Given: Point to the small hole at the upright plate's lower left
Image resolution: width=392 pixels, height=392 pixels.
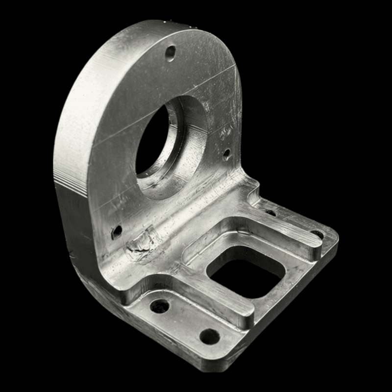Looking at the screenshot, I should click(x=117, y=231).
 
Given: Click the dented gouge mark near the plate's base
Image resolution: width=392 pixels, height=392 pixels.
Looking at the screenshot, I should click(x=140, y=244).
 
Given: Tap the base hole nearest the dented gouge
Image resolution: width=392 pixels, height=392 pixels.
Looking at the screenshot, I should click(x=160, y=306).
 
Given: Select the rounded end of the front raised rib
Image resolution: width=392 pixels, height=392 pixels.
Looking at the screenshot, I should click(x=248, y=318).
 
